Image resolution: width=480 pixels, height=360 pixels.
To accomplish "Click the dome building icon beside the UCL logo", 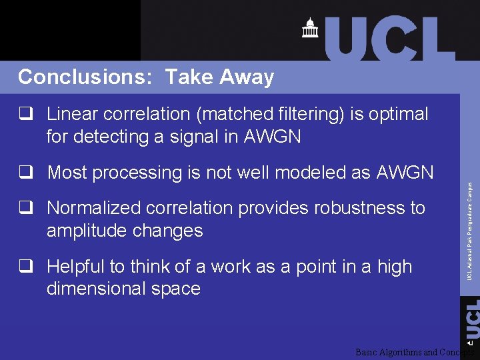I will click(x=310, y=28).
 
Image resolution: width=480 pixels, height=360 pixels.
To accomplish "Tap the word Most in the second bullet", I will click(x=68, y=173).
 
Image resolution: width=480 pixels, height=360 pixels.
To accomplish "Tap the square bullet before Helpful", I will click(x=27, y=267).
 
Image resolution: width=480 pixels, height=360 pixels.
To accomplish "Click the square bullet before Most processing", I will click(x=27, y=173).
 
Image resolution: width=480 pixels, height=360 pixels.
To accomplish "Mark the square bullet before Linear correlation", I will click(x=27, y=114).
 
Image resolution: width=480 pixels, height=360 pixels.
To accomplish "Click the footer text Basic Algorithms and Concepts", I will click(x=413, y=352).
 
